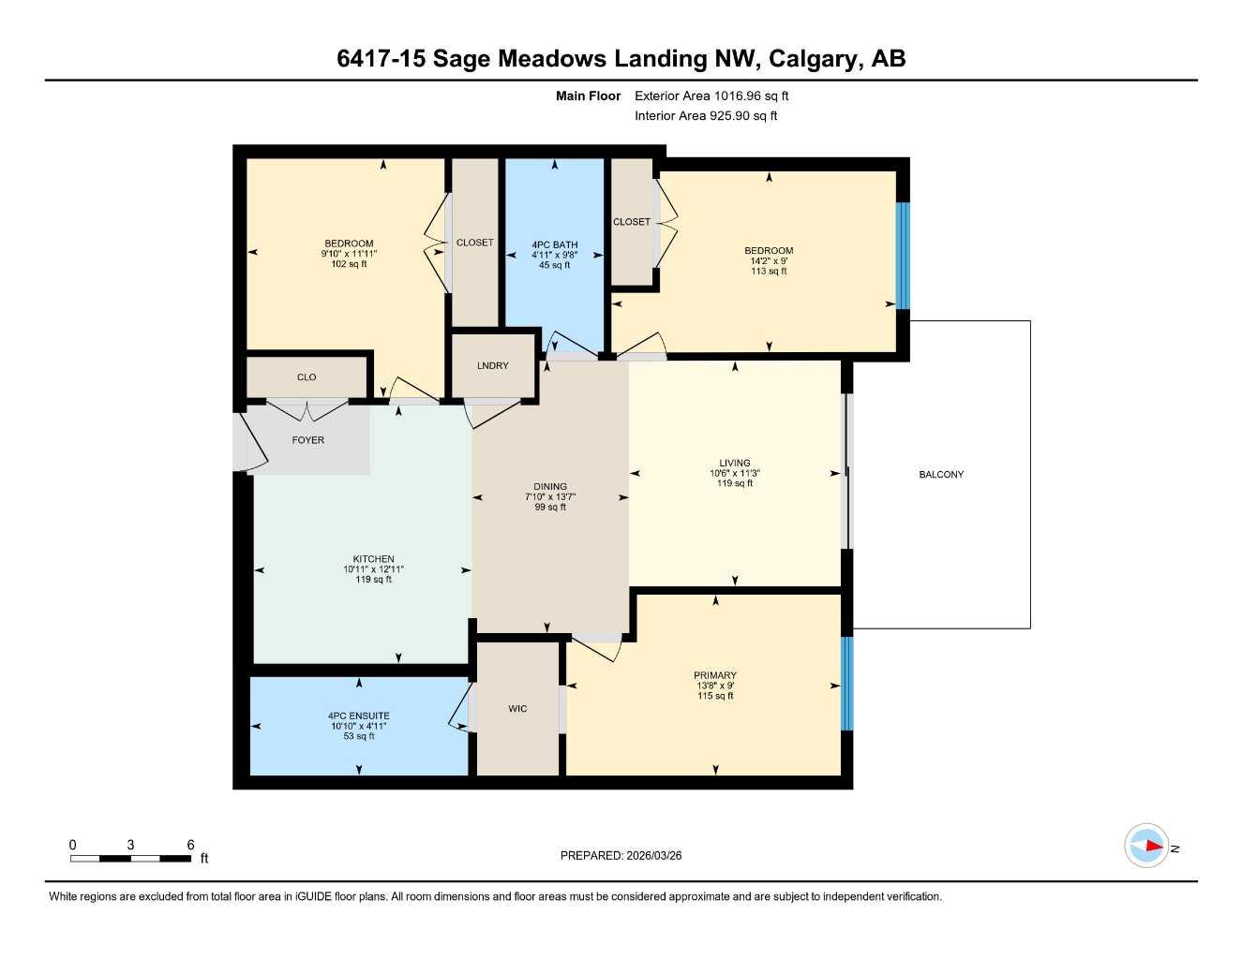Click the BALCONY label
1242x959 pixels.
940,475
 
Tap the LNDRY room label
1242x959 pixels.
492,365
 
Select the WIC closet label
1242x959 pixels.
517,709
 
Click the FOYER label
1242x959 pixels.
307,440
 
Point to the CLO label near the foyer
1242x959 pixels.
307,377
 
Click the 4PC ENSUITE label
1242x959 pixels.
358,716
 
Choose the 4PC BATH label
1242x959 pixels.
554,245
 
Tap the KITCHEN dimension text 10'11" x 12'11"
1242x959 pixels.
373,569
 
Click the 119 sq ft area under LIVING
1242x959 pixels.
735,484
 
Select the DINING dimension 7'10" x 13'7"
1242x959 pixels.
550,497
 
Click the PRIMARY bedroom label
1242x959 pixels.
714,675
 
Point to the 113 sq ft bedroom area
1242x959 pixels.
769,272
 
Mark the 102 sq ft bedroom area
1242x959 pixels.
349,264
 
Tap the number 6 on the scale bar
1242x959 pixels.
190,845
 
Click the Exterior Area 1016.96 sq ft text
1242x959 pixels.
711,96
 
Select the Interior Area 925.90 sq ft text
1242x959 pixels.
706,116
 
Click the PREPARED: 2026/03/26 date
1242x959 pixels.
621,855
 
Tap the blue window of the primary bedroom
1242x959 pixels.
847,684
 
